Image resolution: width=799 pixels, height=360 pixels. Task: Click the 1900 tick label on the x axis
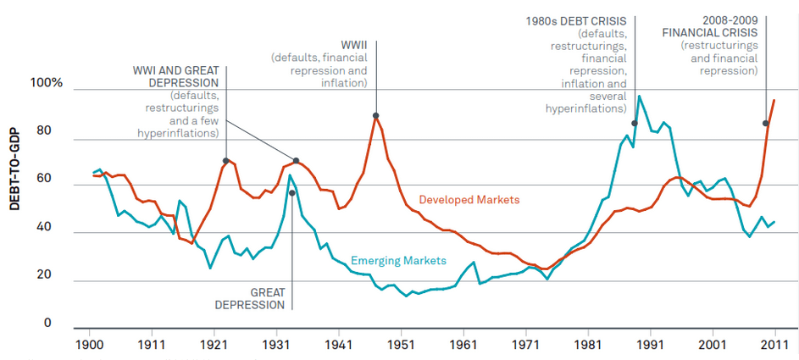point(89,346)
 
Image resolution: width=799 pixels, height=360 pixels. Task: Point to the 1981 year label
point(588,346)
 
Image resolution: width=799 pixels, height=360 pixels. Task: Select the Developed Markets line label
point(469,199)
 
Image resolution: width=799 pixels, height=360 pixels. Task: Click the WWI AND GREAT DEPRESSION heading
point(175,76)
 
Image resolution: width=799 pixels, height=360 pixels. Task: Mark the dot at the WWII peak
point(375,116)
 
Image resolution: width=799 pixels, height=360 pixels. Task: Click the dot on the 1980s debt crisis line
point(634,124)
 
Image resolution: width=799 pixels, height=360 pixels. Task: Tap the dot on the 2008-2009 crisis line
point(766,124)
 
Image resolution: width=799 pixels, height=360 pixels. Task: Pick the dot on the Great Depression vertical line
point(292,192)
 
